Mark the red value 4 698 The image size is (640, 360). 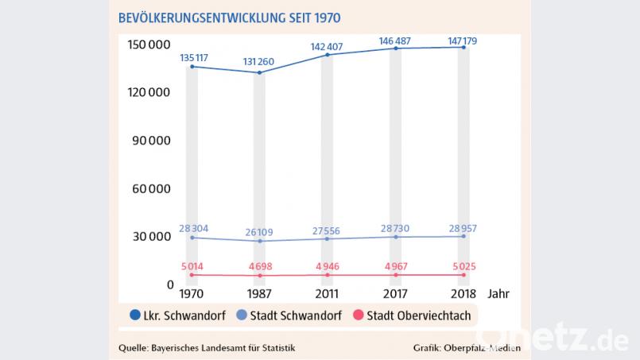[259, 265]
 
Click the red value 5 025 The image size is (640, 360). [462, 265]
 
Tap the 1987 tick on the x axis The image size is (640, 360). [259, 293]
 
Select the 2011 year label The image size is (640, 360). [327, 293]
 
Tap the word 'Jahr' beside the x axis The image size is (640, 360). [499, 293]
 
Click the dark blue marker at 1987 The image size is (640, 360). [259, 73]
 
